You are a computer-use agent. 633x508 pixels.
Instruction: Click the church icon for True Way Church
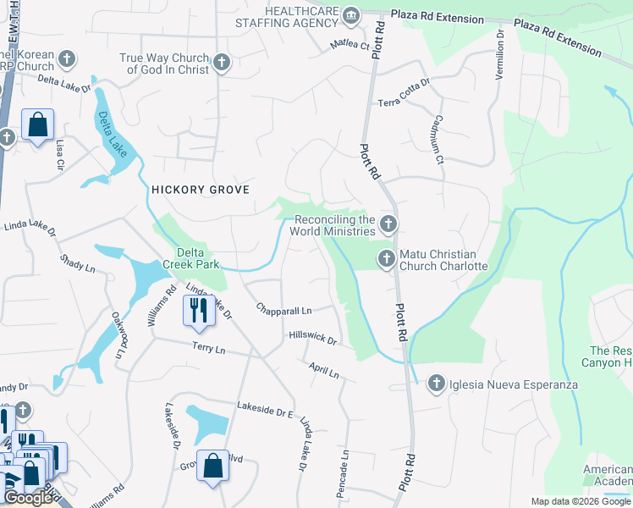pyautogui.click(x=222, y=62)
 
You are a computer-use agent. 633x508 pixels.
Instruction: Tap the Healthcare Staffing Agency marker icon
pyautogui.click(x=351, y=14)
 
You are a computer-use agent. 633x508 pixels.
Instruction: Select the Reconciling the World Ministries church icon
pyautogui.click(x=388, y=224)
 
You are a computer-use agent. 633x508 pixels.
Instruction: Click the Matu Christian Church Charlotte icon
pyautogui.click(x=387, y=259)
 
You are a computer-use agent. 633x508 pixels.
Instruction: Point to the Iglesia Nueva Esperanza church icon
pyautogui.click(x=437, y=384)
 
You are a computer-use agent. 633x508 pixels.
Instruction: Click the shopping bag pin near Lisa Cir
pyautogui.click(x=38, y=125)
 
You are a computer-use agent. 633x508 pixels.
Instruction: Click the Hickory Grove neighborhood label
pyautogui.click(x=201, y=190)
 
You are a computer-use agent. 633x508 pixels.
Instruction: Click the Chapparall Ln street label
pyautogui.click(x=284, y=311)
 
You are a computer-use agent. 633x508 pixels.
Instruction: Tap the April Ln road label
pyautogui.click(x=323, y=369)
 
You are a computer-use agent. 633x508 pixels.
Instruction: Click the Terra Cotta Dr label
pyautogui.click(x=404, y=91)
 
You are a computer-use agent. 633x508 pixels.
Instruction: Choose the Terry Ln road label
pyautogui.click(x=209, y=349)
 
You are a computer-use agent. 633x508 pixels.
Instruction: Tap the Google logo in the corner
pyautogui.click(x=29, y=498)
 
